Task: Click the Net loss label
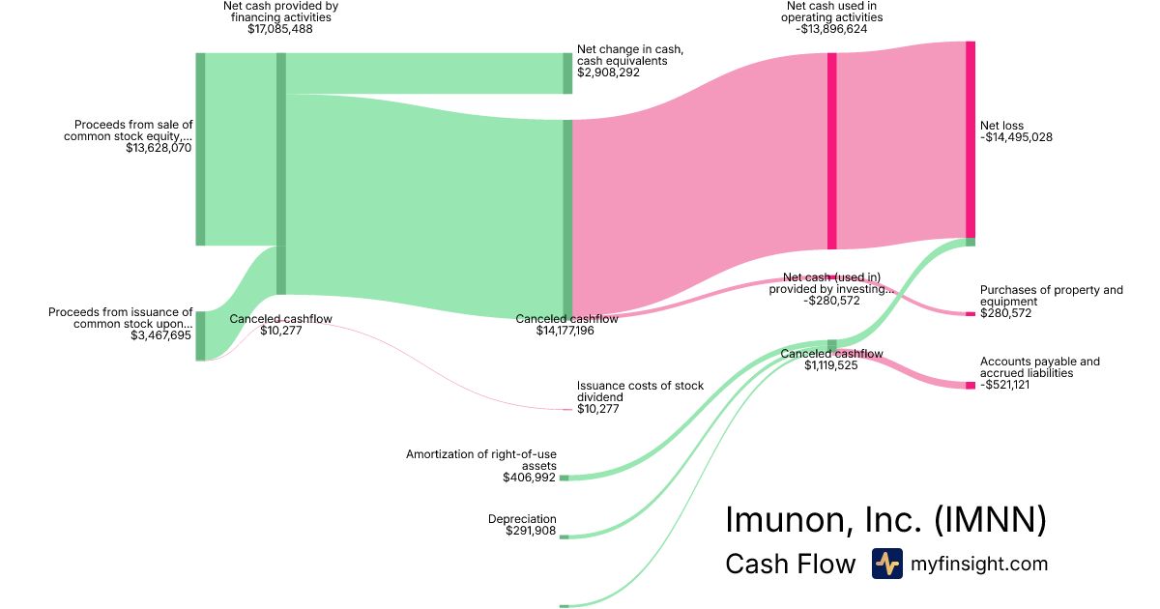point(1001,126)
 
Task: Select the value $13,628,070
point(159,149)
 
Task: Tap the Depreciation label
point(522,519)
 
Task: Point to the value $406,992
point(529,478)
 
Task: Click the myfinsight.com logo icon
point(886,564)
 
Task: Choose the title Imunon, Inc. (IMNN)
point(885,520)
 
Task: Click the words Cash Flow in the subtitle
point(790,564)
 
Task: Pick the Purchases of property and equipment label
point(1052,296)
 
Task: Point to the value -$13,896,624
point(832,29)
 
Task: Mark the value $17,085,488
point(279,29)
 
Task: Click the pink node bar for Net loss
point(970,139)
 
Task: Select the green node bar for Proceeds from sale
point(200,149)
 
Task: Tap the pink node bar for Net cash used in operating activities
point(831,151)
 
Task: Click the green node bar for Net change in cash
point(567,73)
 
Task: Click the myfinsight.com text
point(979,564)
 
